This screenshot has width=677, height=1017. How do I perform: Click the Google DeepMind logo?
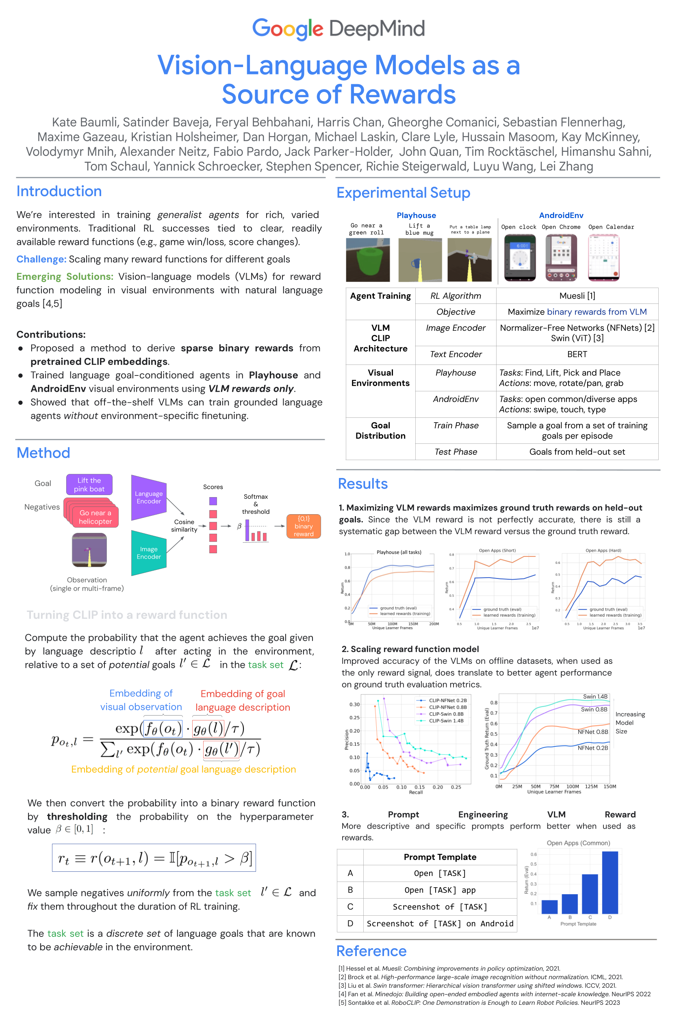pyautogui.click(x=338, y=28)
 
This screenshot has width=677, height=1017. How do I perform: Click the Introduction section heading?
pyautogui.click(x=59, y=191)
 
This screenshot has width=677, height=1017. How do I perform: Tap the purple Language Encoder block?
pyautogui.click(x=149, y=497)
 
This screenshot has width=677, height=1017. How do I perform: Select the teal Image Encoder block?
pyautogui.click(x=149, y=553)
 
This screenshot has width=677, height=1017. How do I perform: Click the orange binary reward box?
pyautogui.click(x=304, y=526)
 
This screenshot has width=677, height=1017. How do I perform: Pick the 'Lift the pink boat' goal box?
pyautogui.click(x=89, y=484)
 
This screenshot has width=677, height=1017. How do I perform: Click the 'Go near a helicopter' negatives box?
pyautogui.click(x=95, y=517)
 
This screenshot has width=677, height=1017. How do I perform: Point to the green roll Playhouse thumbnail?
pyautogui.click(x=368, y=260)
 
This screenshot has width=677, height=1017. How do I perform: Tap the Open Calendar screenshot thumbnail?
pyautogui.click(x=604, y=258)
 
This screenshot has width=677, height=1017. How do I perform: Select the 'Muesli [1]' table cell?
pyautogui.click(x=577, y=296)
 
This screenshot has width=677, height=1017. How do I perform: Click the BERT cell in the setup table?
pyautogui.click(x=577, y=354)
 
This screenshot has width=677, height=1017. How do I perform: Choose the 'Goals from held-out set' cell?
pyautogui.click(x=577, y=452)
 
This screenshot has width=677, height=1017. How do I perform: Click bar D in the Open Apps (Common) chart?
pyautogui.click(x=610, y=882)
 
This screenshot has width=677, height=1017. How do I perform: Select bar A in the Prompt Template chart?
pyautogui.click(x=549, y=906)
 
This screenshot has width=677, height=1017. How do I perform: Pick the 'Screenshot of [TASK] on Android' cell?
pyautogui.click(x=440, y=923)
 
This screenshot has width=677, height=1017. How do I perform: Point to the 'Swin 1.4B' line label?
pyautogui.click(x=595, y=696)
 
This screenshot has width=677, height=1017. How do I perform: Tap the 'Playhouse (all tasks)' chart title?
pyautogui.click(x=399, y=552)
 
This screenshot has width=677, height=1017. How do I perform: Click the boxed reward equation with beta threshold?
pyautogui.click(x=154, y=858)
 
